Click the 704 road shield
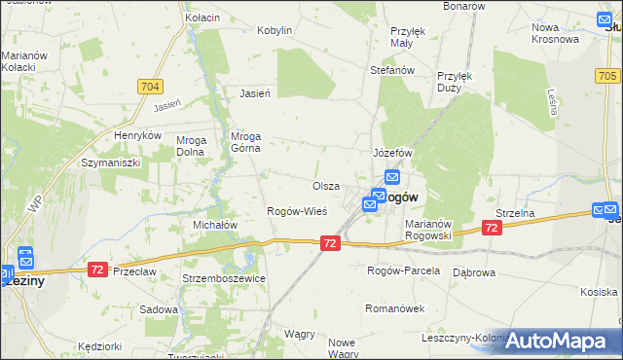coord(150,87)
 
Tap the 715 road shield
coord(607,74)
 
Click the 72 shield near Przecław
coord(96,269)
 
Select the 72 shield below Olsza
coord(330,242)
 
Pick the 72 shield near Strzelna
coord(492,228)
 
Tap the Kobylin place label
coord(275,30)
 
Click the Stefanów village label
coord(393,71)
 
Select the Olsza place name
coord(325,186)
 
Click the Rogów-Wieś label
coord(297,211)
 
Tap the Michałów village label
coord(216,225)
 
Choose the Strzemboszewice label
coord(224,278)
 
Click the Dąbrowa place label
coord(475,273)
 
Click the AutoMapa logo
coord(562,341)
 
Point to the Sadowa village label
coord(159,309)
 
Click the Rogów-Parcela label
coord(403,270)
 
